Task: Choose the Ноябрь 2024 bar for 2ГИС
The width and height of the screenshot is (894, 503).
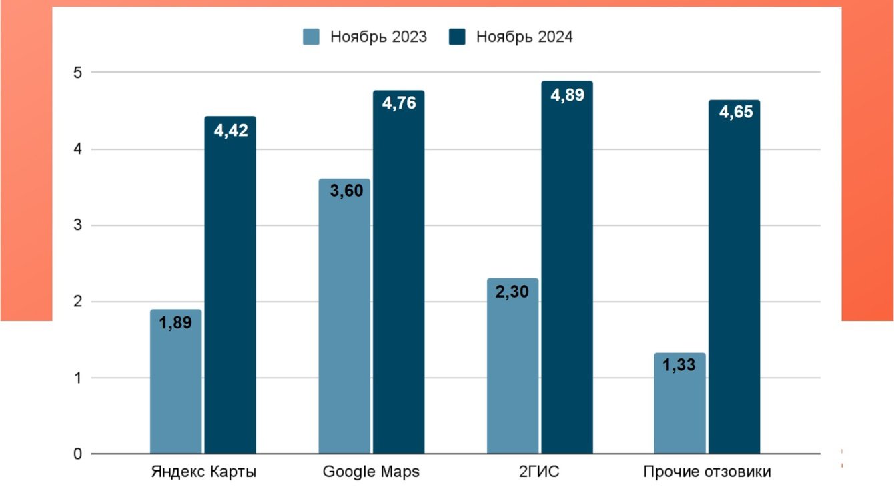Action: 567,268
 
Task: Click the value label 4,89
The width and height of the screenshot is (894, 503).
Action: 567,95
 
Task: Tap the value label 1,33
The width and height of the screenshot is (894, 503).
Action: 680,366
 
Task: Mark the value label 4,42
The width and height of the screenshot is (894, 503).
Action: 230,131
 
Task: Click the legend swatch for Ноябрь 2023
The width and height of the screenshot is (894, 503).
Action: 312,37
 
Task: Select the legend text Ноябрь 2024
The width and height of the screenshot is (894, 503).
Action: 524,37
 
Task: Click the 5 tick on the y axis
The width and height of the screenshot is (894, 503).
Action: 77,72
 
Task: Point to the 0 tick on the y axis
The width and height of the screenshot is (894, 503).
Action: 77,454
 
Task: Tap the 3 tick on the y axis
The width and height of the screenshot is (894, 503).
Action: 77,225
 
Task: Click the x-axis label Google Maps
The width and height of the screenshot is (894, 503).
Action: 371,472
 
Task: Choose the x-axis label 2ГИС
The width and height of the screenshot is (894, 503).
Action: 539,472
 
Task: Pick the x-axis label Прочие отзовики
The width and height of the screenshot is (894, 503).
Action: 707,472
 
